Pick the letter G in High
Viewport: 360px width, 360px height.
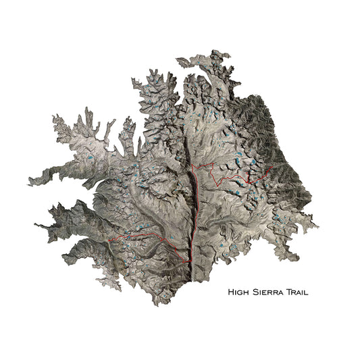click(241, 292)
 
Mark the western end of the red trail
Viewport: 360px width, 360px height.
click(108, 240)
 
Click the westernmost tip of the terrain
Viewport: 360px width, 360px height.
click(28, 183)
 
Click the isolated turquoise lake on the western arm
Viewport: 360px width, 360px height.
click(88, 159)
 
